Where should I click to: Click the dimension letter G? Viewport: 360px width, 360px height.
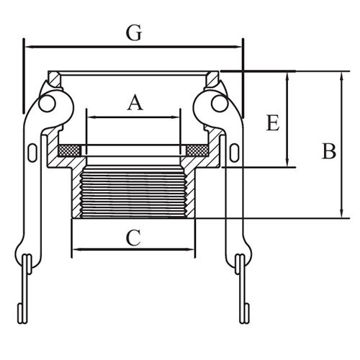click(134, 33)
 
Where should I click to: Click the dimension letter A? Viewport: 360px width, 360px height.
click(135, 102)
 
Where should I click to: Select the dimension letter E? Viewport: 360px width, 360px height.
click(273, 123)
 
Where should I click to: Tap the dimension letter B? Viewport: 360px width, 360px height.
click(329, 151)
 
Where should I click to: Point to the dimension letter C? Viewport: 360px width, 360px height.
click(133, 238)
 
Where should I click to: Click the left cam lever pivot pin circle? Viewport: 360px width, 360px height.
click(47, 104)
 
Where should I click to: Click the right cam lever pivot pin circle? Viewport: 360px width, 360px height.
click(220, 104)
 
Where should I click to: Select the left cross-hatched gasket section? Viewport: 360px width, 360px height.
click(70, 150)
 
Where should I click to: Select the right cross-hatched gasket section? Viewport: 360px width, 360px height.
click(197, 150)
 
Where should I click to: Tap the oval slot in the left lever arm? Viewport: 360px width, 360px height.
click(32, 153)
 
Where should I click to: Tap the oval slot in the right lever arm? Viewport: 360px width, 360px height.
click(234, 153)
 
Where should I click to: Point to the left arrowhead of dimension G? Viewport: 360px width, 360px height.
click(30, 48)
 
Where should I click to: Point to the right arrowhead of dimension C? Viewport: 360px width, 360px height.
click(190, 250)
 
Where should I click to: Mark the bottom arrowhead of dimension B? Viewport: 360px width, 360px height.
click(342, 213)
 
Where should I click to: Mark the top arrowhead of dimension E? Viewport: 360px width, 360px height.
click(287, 76)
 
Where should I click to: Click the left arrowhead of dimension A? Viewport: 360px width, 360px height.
click(91, 117)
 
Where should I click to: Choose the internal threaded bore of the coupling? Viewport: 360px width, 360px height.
click(134, 192)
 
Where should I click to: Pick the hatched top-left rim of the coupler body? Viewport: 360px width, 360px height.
click(55, 78)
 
